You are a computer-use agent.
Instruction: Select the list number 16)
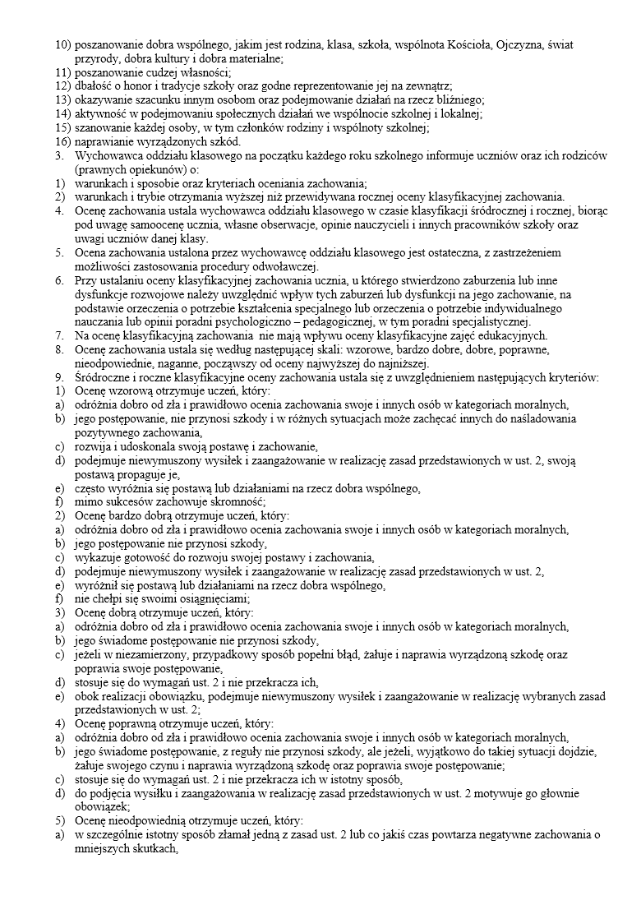(x=64, y=141)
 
